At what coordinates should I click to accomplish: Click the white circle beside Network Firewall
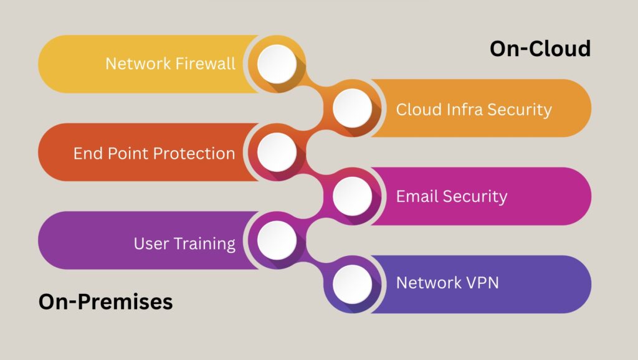(277, 64)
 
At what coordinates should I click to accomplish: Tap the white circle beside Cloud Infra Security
(352, 108)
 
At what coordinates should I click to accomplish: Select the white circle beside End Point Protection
(277, 152)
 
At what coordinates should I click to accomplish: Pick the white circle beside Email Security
(352, 196)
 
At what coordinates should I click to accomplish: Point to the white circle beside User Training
(277, 240)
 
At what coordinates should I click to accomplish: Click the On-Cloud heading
(540, 49)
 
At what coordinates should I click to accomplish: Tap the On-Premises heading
(105, 302)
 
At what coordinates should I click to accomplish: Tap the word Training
(204, 244)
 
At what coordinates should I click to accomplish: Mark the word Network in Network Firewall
(136, 64)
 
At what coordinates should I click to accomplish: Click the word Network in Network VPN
(427, 283)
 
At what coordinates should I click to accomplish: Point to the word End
(88, 153)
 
